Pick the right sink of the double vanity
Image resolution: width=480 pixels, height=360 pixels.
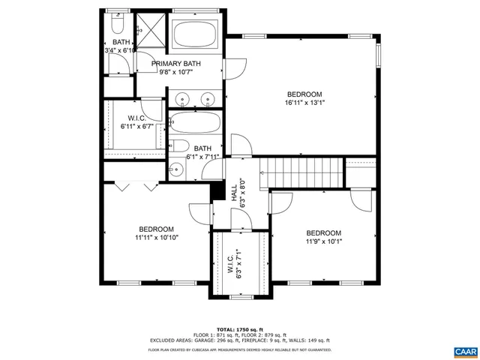[208, 98]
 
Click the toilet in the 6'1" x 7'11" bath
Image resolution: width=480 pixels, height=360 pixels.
[178, 146]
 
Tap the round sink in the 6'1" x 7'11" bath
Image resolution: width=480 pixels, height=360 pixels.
[177, 169]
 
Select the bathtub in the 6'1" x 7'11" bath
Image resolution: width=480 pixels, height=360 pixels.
[194, 124]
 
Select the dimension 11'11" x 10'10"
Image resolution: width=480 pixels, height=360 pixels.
[156, 238]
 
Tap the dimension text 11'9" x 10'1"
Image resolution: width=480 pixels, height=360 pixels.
[323, 241]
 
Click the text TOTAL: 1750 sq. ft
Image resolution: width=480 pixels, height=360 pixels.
[239, 329]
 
